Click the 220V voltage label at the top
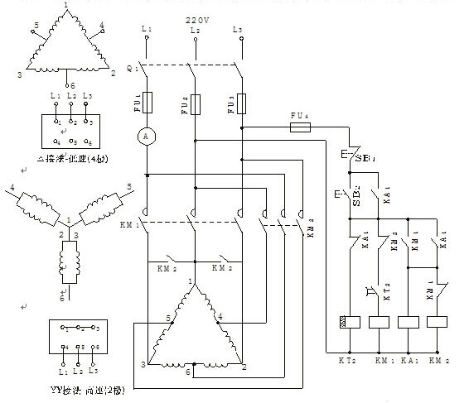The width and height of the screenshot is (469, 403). [192, 17]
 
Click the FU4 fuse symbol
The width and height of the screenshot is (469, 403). [298, 128]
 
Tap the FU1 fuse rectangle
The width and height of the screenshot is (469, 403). [147, 103]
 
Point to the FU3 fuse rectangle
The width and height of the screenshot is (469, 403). [242, 103]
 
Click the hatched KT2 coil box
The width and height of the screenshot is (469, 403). [350, 323]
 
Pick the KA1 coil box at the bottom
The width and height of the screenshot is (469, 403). [409, 323]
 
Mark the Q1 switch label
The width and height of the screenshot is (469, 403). [131, 70]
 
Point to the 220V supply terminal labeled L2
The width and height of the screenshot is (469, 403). [195, 31]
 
